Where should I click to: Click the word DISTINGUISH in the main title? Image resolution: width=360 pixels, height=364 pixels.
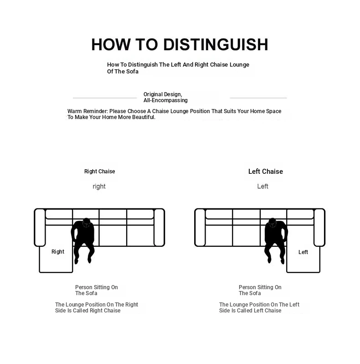(216, 44)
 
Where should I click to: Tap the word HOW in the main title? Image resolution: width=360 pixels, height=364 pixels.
(111, 44)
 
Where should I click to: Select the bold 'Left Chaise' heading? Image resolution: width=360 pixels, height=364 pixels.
(266, 172)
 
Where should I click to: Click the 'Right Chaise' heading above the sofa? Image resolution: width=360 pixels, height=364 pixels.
(99, 172)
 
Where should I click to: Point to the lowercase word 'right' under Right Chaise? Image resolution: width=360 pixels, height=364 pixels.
(99, 187)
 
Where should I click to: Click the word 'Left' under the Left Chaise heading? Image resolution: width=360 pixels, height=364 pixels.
(262, 186)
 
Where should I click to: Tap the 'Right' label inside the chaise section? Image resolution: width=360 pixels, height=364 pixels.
(58, 252)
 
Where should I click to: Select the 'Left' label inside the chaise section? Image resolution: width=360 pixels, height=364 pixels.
(303, 252)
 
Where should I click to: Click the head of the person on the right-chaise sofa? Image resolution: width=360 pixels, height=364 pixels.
(86, 223)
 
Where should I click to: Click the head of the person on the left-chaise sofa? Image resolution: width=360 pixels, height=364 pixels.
(273, 223)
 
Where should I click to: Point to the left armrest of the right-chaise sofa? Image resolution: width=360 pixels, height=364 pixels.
(40, 227)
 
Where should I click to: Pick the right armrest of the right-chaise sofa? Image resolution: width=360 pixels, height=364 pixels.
(159, 227)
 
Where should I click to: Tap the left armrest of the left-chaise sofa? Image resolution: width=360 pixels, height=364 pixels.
(200, 227)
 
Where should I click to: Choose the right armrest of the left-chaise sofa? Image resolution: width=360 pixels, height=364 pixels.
(319, 227)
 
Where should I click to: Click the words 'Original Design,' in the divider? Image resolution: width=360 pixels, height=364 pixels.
(163, 94)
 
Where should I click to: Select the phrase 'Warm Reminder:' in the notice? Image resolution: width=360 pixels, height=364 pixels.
(87, 111)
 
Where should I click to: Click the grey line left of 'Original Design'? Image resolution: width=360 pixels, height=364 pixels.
(105, 98)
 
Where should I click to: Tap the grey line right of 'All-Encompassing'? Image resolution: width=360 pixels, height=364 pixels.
(258, 98)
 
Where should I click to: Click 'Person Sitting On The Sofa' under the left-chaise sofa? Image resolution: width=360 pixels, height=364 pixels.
(260, 290)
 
